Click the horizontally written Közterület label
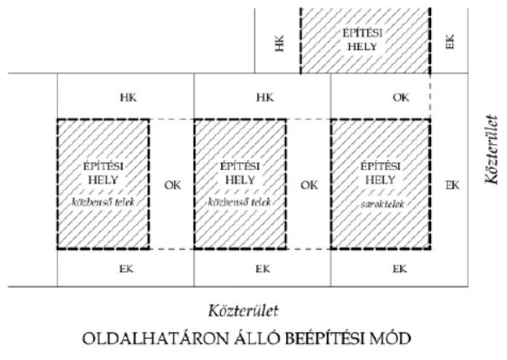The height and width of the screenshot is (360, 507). click(x=243, y=311)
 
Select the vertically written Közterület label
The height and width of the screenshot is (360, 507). click(x=491, y=149)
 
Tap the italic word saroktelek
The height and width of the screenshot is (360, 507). click(x=382, y=204)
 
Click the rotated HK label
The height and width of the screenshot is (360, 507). click(x=280, y=44)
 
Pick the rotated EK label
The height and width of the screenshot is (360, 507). click(x=450, y=41)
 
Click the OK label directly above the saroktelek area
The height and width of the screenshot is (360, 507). click(x=401, y=97)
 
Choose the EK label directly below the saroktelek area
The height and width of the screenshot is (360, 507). click(x=399, y=269)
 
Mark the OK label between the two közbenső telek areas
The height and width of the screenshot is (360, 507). click(x=172, y=185)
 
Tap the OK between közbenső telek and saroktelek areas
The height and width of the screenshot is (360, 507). click(x=310, y=185)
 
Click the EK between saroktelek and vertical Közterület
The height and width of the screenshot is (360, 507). click(x=452, y=185)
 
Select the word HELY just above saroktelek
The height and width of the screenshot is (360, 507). click(x=381, y=179)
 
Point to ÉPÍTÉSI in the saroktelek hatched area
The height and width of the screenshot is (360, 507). click(x=381, y=166)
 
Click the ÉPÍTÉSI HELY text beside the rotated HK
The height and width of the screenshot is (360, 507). click(x=363, y=40)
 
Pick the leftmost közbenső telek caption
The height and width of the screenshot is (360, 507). click(x=102, y=202)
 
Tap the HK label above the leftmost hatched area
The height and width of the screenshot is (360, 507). click(x=128, y=97)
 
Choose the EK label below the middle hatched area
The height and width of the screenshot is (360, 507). click(x=263, y=269)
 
